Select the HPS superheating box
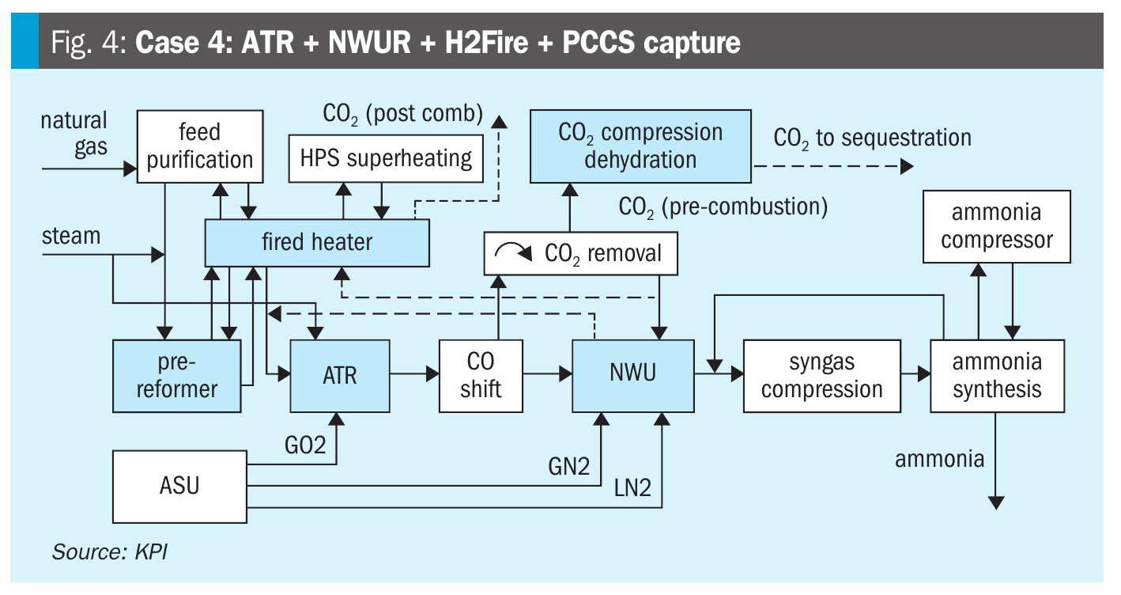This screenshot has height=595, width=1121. (386, 158)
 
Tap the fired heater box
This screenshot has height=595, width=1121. (317, 242)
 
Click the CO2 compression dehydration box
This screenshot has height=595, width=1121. (640, 146)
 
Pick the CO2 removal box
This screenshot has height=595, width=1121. (582, 254)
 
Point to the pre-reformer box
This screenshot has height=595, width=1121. (176, 376)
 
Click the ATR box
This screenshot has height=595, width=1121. (340, 375)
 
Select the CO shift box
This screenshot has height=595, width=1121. (481, 376)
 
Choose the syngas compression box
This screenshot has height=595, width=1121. (822, 376)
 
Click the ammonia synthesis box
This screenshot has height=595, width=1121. (997, 376)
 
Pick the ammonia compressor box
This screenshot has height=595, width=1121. (997, 226)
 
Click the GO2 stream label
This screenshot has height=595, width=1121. (305, 445)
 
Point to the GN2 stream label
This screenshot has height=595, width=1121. (568, 466)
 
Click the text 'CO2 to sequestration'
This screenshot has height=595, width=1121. (872, 138)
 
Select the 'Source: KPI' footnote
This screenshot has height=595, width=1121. (110, 551)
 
